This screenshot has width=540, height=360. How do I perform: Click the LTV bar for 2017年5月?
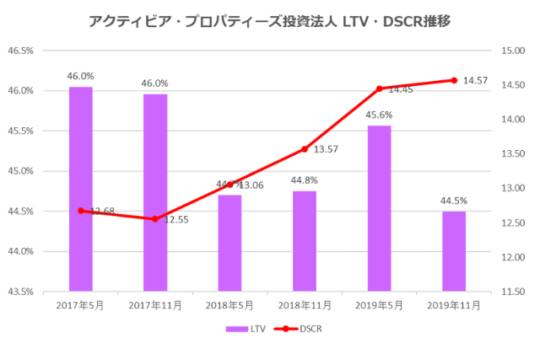point(81,189)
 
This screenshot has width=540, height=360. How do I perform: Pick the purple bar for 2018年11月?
point(305,241)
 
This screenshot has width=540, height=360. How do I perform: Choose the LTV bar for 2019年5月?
point(379,208)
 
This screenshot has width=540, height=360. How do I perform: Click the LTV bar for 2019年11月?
point(454,251)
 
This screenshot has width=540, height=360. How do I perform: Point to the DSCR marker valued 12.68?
point(81,211)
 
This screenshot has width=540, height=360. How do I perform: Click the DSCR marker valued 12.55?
point(155,219)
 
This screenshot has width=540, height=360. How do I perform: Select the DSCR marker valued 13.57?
point(305,149)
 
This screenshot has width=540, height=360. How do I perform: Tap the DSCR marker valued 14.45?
point(379,89)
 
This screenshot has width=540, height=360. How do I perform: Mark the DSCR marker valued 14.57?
point(454,80)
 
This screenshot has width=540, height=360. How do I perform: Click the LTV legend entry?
point(247,330)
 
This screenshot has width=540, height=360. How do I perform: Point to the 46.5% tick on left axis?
point(20,51)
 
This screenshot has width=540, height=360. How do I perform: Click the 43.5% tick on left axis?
point(20,292)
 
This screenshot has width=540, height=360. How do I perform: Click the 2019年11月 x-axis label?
point(454,306)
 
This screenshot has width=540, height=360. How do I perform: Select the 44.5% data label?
point(454,201)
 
